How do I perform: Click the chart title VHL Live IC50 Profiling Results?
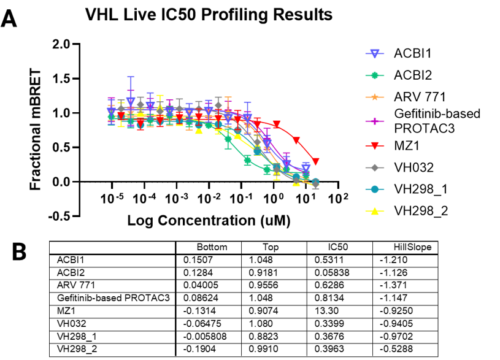tap(209, 13)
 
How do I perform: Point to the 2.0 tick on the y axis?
tap(61, 44)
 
